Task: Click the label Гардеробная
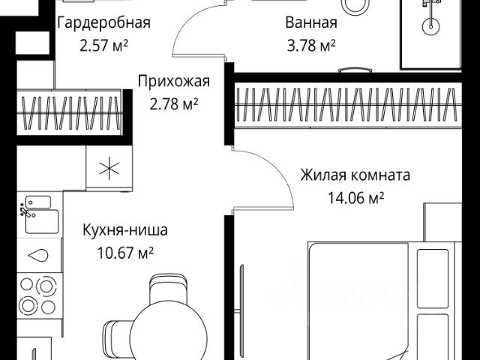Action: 104,22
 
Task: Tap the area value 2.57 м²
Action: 104,45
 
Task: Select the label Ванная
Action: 310,22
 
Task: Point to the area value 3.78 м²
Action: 310,45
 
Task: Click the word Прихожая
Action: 172,82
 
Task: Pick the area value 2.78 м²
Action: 172,103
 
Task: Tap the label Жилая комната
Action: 355,176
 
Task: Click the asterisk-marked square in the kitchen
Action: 108,166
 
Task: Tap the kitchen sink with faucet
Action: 37,214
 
